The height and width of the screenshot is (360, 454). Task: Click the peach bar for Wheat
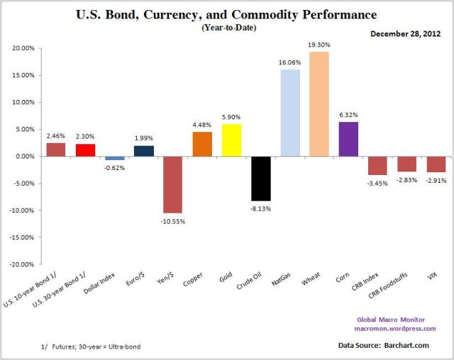(319, 104)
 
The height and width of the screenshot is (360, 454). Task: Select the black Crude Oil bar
(260, 178)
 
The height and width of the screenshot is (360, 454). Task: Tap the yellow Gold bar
(231, 140)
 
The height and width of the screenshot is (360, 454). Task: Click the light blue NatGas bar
(289, 113)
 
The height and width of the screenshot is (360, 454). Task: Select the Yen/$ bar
(172, 184)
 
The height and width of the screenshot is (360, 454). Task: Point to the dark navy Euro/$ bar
(143, 151)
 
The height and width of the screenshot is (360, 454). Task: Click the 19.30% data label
(319, 45)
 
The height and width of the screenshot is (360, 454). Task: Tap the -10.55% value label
(172, 220)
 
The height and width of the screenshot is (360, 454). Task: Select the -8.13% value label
(260, 208)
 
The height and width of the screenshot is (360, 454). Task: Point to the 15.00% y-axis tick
(23, 75)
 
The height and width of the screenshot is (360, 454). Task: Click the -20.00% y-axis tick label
(22, 264)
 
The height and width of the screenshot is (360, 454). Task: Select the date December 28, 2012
(402, 33)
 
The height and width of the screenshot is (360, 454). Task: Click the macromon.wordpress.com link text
(395, 328)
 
